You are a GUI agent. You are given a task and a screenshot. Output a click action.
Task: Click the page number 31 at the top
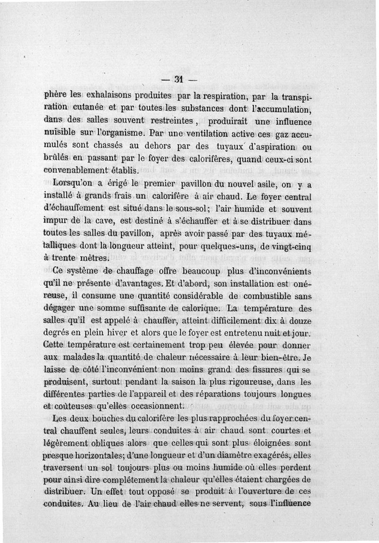tap(178, 79)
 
